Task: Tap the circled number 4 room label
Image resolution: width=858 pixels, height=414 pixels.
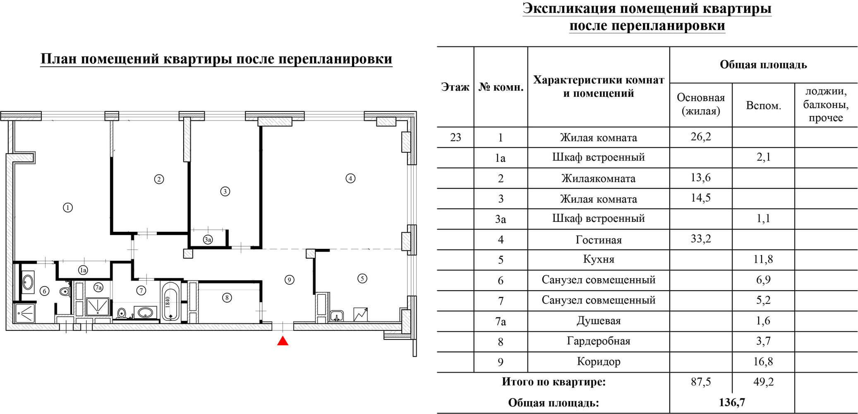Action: coord(350,178)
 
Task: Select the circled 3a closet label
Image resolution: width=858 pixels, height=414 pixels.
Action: coord(208,239)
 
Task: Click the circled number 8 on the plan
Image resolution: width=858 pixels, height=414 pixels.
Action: coord(227,297)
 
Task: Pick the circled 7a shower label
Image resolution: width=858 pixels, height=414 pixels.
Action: coord(98,287)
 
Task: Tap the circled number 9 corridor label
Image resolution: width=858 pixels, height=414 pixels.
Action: coord(289,280)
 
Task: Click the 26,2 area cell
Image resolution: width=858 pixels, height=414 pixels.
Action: coord(701,137)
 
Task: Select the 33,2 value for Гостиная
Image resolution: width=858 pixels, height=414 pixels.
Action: coord(701,239)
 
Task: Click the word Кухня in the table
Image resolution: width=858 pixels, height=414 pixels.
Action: coord(599,260)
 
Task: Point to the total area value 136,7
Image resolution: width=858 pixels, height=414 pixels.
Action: coord(732,402)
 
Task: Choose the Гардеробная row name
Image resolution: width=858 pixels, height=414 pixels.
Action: coord(599,341)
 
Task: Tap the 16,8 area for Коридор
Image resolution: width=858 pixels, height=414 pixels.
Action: coord(763,361)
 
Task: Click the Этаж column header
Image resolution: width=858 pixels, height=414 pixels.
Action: coord(455,87)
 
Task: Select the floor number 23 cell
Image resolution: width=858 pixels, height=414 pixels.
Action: coord(455,137)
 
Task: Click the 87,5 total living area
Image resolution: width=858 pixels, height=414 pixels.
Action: coord(701,381)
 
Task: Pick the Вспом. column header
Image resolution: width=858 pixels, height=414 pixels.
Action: coord(763,106)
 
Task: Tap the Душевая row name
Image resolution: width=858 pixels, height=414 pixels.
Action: coord(599,321)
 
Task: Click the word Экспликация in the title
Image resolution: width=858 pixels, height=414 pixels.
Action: coord(578,9)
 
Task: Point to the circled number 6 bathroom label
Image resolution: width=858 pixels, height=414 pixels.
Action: coord(44,291)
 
